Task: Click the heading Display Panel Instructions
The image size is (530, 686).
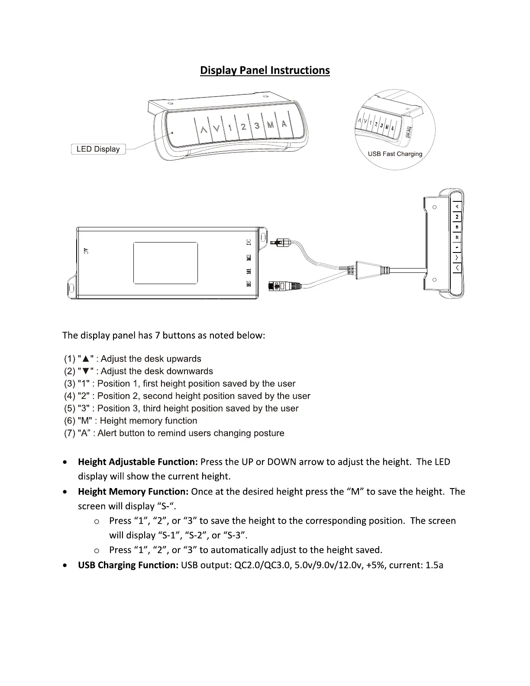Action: coord(265,71)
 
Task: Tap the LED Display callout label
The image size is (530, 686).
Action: coord(98,149)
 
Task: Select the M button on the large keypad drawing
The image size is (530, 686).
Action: coord(270,125)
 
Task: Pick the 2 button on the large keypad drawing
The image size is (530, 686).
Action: coord(244,127)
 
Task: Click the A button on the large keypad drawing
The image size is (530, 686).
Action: coord(284,123)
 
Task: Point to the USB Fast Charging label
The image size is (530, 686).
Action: coord(395,154)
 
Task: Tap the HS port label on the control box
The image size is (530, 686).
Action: coord(249,284)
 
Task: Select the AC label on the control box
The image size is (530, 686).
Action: coord(86,250)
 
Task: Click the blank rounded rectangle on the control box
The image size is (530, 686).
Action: coord(165,263)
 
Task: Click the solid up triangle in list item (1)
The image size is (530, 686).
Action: coord(86,359)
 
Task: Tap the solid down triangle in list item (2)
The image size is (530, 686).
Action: coord(86,372)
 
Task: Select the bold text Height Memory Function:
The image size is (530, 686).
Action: coord(133,492)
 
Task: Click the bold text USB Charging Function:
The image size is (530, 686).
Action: coord(128,565)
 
